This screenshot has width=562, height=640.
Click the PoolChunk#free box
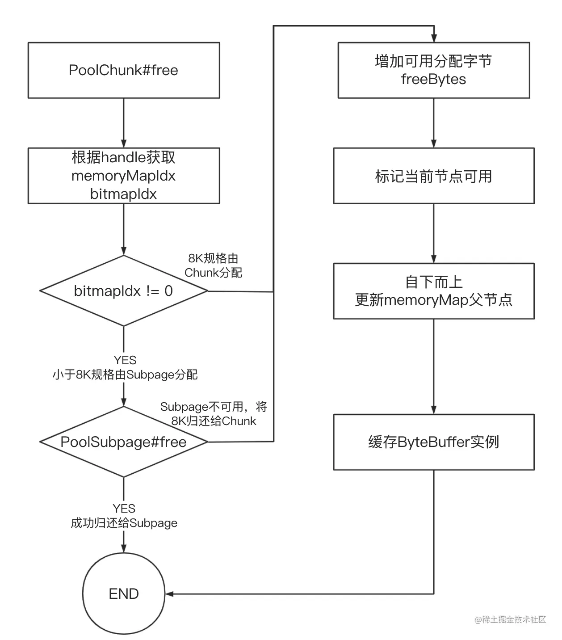point(124,70)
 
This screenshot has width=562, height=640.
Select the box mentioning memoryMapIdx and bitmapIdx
point(124,176)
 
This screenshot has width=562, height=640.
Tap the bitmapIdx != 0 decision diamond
point(124,291)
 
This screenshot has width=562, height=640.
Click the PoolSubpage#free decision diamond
point(124,442)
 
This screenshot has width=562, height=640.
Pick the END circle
point(124,594)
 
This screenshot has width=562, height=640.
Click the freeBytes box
point(433,70)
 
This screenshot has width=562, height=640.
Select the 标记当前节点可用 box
point(433,176)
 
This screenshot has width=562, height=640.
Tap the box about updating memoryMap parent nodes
point(433,291)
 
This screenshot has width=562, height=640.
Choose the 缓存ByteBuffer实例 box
point(433,442)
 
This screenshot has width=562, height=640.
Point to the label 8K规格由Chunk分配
point(213,265)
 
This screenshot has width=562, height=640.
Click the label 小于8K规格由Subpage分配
point(125,375)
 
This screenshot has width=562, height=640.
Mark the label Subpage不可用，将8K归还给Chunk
point(214,414)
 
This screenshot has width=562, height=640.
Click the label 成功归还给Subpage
point(124,523)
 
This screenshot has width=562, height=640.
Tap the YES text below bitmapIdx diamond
point(125,360)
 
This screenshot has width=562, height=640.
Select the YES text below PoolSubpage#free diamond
point(124,509)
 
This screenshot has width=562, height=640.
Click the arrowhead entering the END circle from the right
point(170,594)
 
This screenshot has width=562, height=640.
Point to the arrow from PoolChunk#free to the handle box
point(124,123)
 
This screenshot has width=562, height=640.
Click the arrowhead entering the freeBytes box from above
point(433,39)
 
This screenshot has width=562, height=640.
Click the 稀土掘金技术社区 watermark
point(510,619)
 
